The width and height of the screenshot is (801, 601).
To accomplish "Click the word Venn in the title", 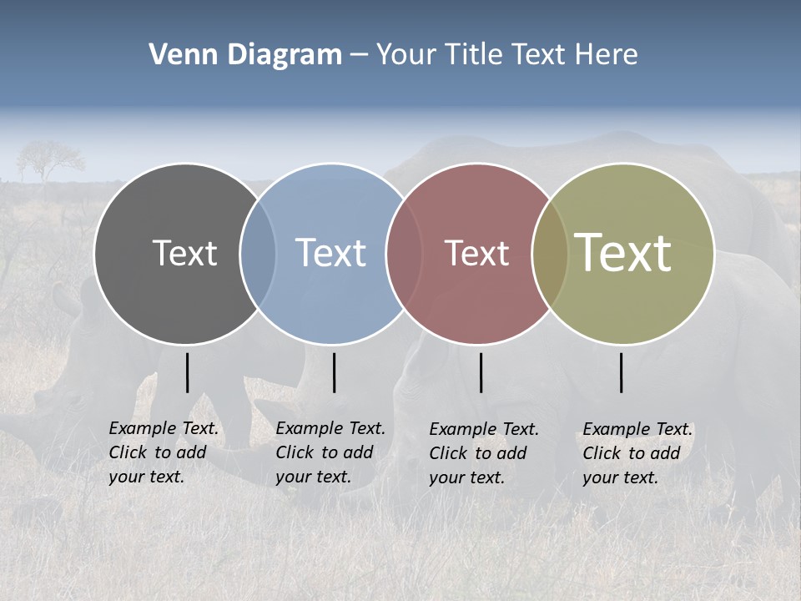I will pyautogui.click(x=180, y=54).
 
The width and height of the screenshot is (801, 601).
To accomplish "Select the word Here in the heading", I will pyautogui.click(x=607, y=54).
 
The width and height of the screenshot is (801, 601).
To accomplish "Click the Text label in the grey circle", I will pyautogui.click(x=184, y=253).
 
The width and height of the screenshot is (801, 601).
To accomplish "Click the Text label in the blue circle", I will pyautogui.click(x=330, y=253).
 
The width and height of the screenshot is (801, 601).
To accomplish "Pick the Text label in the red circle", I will pyautogui.click(x=476, y=253).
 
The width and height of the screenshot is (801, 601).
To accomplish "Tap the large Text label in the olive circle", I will pyautogui.click(x=623, y=252).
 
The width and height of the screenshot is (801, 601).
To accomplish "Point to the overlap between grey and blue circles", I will pyautogui.click(x=258, y=254).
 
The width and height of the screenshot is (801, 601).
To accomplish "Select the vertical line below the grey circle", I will pyautogui.click(x=188, y=372).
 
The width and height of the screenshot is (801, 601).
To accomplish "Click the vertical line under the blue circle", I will pyautogui.click(x=334, y=372).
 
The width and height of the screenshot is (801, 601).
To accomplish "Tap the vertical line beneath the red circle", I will pyautogui.click(x=481, y=372).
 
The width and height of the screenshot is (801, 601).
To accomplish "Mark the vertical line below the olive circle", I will pyautogui.click(x=622, y=372).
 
